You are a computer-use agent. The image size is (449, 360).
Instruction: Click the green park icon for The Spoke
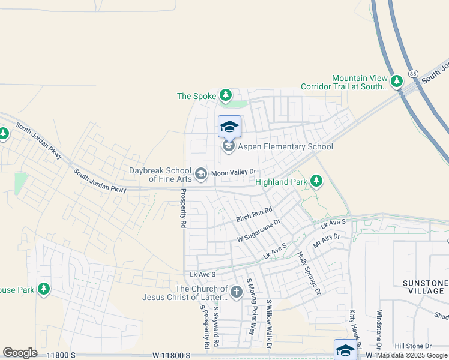[x=225, y=95]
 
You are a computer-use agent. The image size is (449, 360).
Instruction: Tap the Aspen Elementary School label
[x=285, y=146]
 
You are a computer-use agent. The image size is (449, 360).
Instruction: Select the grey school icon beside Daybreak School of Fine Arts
[x=201, y=173]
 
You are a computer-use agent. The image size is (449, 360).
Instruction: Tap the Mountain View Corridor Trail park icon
[x=396, y=81]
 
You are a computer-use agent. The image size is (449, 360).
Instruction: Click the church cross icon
[x=236, y=292]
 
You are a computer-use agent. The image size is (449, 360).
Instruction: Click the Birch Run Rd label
[x=254, y=214]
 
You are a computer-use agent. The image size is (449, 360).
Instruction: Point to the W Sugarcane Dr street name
[x=260, y=231]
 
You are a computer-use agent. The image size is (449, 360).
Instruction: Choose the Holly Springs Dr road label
[x=310, y=273]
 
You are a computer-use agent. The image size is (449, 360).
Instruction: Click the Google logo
[x=20, y=352]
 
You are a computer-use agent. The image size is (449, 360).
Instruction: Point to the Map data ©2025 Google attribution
[x=412, y=356]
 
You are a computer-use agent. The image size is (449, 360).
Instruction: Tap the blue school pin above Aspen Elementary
[x=229, y=127]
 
